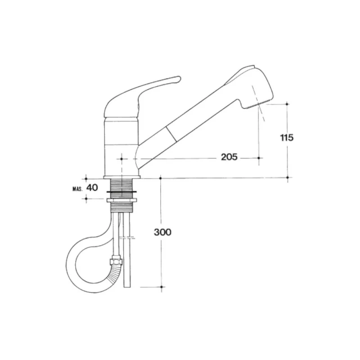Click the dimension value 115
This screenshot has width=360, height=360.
[x=287, y=138]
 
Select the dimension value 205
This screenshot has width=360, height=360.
[x=229, y=157]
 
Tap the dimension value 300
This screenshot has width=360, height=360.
[x=162, y=232]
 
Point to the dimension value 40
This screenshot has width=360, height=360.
[x=92, y=188]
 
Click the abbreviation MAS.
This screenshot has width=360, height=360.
[x=77, y=189]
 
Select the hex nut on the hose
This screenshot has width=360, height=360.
[x=116, y=262]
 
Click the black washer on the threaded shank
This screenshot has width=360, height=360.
[x=121, y=192]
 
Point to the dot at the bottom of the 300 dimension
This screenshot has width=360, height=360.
[x=162, y=287]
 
